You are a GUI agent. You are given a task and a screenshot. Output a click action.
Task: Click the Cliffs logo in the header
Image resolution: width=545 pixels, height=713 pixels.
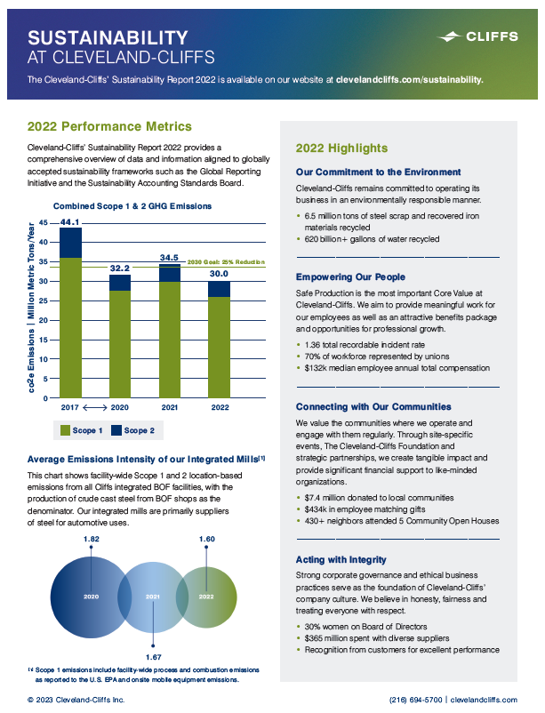click(477, 37)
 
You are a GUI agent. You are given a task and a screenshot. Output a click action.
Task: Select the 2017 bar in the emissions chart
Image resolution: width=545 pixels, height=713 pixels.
click(71, 320)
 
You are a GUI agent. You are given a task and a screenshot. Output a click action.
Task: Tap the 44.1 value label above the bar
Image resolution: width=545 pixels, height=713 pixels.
click(70, 221)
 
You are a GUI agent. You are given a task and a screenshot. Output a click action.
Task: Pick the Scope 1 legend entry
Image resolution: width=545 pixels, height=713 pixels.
click(83, 431)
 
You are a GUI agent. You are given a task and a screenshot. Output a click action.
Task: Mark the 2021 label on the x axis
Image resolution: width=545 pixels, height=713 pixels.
click(169, 406)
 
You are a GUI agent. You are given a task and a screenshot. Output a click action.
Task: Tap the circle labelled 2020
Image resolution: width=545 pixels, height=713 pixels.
click(89, 595)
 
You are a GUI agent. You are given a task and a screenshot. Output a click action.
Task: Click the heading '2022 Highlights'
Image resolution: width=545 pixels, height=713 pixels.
click(341, 148)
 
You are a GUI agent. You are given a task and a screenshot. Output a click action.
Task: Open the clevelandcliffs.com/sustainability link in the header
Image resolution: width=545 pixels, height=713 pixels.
click(410, 79)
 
